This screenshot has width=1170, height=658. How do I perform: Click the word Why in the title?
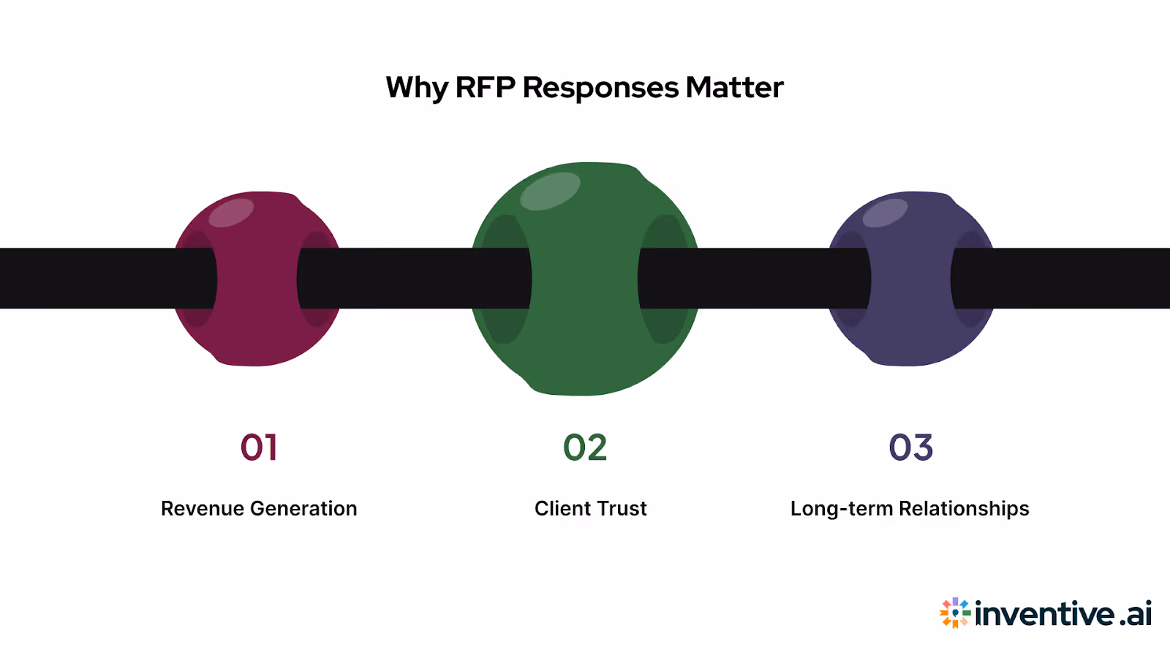pos(416,88)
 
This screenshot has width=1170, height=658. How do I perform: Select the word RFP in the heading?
pos(486,88)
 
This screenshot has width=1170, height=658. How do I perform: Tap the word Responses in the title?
pos(600,88)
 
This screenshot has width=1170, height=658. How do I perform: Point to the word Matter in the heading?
pos(734,88)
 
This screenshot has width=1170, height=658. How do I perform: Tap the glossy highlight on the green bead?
pos(550,191)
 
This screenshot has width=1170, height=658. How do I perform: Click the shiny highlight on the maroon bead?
pos(231,213)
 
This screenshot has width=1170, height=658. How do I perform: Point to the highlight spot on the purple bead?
pos(885,213)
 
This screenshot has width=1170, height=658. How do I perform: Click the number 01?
pos(259,447)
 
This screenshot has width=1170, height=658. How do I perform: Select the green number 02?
pos(585,447)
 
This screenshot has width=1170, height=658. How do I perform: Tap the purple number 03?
pos(910,447)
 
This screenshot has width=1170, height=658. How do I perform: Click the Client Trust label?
pos(590,508)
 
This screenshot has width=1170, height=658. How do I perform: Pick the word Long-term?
pos(841,508)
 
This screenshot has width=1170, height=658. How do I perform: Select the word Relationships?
pos(963,508)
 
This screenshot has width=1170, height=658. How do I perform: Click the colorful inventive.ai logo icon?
pos(955,613)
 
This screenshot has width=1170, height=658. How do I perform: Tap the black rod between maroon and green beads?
pos(409,279)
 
